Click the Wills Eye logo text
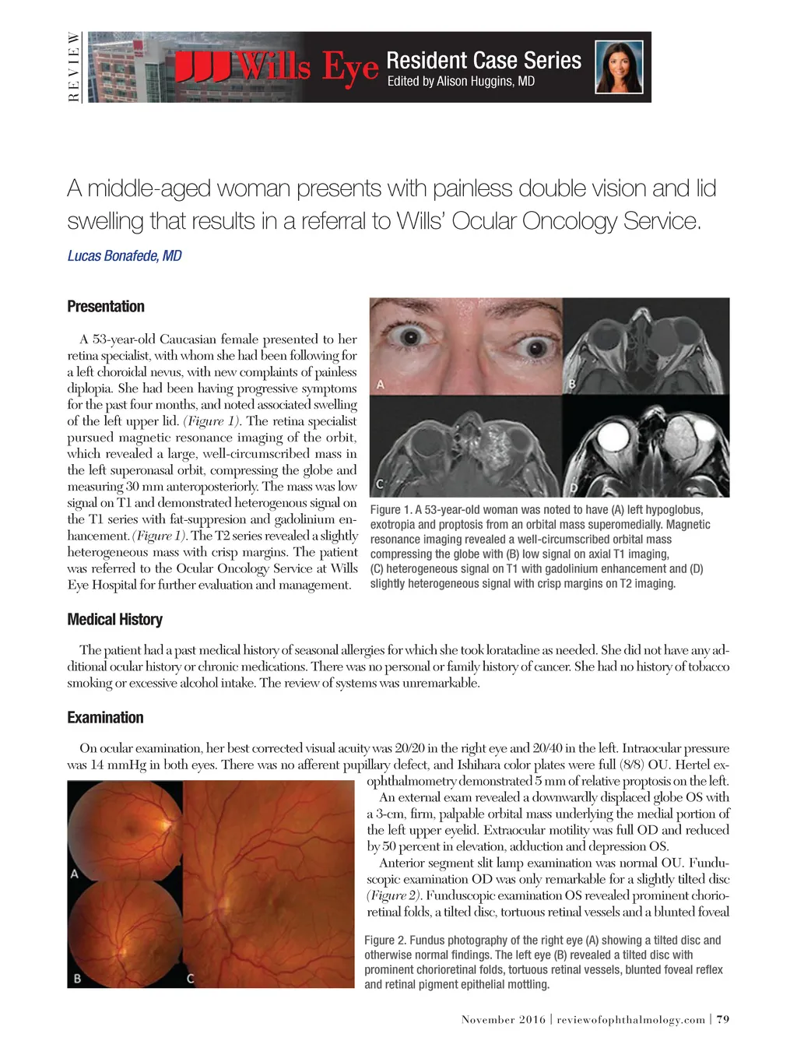[276, 67]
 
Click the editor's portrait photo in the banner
[620, 67]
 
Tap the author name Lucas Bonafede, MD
[125, 255]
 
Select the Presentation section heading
[106, 306]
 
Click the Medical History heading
[114, 619]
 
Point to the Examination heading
[105, 717]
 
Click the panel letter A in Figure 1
[381, 384]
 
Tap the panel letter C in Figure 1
[381, 484]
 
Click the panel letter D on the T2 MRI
[574, 487]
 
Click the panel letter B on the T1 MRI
[572, 383]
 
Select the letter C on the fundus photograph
[191, 978]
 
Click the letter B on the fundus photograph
[77, 978]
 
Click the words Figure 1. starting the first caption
[391, 510]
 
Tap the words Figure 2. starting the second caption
[385, 941]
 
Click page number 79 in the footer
[723, 1019]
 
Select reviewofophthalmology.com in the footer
[631, 1019]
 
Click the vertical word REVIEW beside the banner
[74, 67]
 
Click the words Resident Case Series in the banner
[483, 60]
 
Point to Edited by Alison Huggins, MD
[461, 81]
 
